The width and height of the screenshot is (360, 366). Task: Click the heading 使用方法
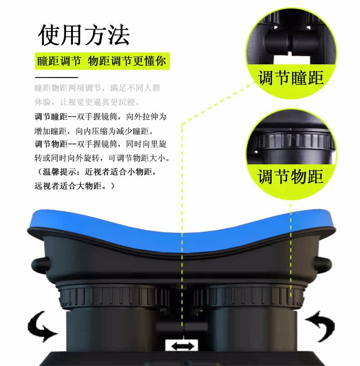[x=84, y=35]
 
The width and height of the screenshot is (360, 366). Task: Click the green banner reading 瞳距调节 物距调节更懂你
[x=102, y=61]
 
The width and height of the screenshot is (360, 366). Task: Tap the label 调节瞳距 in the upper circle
[x=291, y=78]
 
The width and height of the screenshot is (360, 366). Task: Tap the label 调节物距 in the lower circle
[x=290, y=177]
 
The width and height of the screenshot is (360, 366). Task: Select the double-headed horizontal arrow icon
[x=182, y=346]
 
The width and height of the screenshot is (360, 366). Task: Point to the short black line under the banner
[x=57, y=77]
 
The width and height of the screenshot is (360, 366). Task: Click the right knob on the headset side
[x=323, y=265]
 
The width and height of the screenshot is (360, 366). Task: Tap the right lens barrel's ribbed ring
[x=249, y=296]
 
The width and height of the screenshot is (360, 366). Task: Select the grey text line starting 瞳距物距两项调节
[x=97, y=88]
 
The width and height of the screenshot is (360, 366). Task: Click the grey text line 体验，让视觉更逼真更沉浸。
[x=87, y=102]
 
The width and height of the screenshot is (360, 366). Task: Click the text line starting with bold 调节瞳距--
[x=100, y=117]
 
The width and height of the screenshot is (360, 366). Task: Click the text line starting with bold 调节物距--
[x=101, y=144]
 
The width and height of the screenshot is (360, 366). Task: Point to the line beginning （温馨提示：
[x=96, y=172]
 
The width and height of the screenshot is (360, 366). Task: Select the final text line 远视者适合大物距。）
[x=75, y=186]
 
